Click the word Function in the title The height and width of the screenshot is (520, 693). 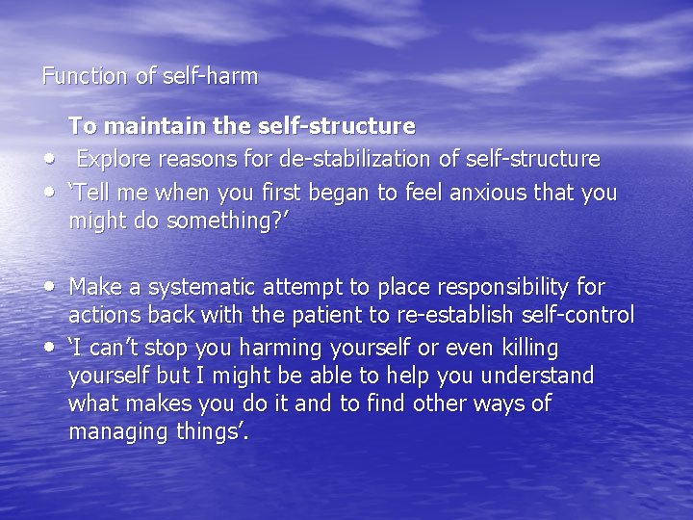point(85,76)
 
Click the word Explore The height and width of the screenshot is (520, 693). point(113,158)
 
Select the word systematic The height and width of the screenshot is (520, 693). point(200,286)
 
